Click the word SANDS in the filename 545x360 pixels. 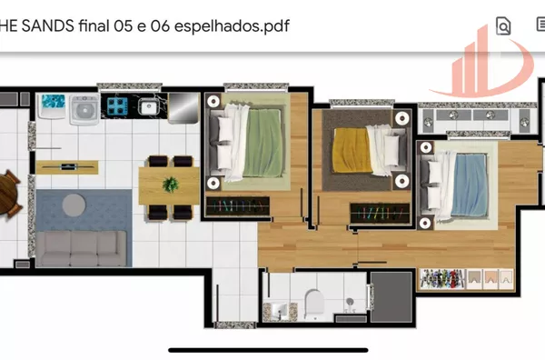tap(48, 26)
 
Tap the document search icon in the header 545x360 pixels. tap(503, 25)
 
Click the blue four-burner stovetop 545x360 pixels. tap(117, 105)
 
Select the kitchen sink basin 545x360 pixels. tap(148, 106)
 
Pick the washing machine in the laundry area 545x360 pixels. tap(84, 109)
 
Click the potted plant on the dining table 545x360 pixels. tap(171, 185)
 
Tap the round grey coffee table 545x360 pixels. tap(74, 205)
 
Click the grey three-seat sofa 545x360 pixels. tap(82, 248)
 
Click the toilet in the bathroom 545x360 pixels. tap(314, 304)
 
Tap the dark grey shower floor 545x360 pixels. tap(391, 296)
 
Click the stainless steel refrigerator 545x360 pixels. tap(183, 108)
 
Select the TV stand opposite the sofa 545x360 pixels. tap(67, 167)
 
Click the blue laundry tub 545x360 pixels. tap(53, 105)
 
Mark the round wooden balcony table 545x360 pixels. tap(7, 193)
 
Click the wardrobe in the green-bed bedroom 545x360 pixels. tap(238, 206)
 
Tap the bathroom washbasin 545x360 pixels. tap(280, 312)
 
